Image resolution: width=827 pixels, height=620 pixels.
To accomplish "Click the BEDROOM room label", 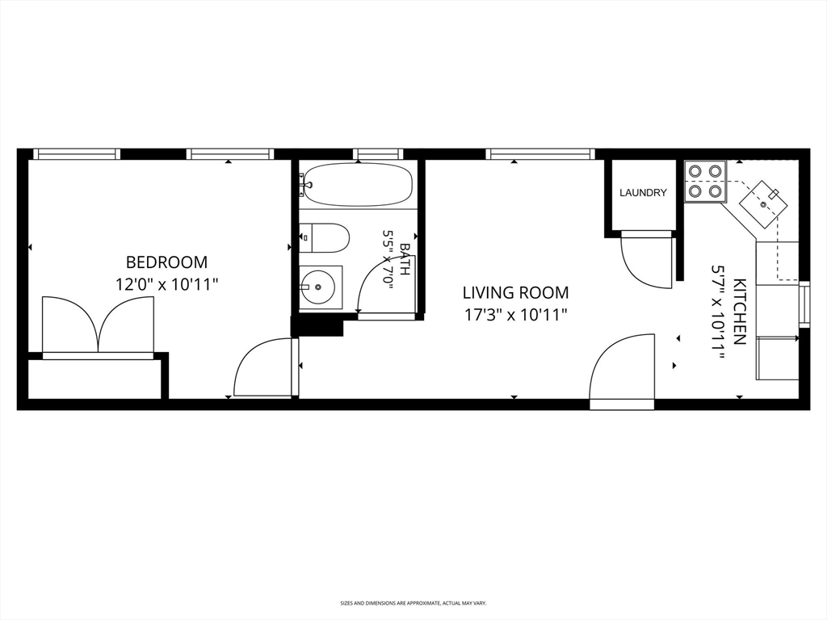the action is point(166,262).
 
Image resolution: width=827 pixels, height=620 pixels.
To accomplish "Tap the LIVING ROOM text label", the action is point(516,292).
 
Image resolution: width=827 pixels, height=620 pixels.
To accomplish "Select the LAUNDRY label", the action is point(643,193).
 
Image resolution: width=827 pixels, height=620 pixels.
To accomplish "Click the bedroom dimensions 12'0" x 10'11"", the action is point(166,285).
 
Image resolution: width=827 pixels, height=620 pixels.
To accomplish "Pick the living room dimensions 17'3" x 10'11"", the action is point(516,316).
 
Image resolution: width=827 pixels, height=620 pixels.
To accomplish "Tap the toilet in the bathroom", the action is point(325,238).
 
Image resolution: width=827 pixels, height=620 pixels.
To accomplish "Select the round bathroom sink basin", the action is point(317,287).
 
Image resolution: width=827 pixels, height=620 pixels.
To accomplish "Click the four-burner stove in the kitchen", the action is point(705,182).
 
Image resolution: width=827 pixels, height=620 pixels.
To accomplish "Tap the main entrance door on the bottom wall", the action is point(623,371).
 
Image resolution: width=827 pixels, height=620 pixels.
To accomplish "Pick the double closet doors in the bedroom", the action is point(98,325).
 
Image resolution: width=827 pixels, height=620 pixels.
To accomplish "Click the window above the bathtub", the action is point(377,154).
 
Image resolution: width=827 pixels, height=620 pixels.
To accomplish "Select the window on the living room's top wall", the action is point(540,154).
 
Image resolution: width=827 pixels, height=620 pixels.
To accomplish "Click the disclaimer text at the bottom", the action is point(413,602).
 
